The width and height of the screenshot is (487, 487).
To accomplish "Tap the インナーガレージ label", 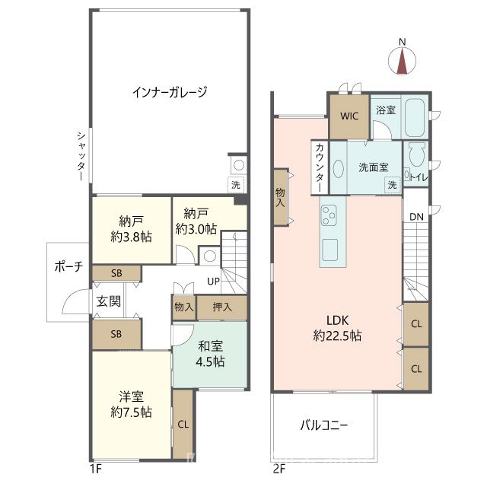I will click(169, 92).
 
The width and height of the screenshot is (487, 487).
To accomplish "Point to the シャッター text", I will click(80, 155).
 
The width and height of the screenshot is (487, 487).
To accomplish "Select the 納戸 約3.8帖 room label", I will click(131, 228).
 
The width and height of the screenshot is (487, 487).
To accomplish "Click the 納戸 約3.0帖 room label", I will click(196, 221).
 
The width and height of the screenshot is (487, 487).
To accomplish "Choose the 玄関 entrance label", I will click(108, 301).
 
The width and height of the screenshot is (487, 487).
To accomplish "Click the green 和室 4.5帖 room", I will click(209, 354).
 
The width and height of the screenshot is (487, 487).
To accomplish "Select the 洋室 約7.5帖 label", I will click(130, 404).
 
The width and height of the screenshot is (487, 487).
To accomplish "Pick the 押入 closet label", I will click(221, 307).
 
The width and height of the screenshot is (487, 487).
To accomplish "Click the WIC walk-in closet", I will click(349, 116).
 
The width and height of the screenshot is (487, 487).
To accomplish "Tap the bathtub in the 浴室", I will click(415, 117).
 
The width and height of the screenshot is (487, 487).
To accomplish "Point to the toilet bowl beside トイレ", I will click(415, 155).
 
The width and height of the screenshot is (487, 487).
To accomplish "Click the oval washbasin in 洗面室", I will click(339, 167).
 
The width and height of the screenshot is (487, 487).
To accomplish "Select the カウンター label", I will click(320, 167).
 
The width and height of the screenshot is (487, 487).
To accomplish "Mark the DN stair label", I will click(415, 218).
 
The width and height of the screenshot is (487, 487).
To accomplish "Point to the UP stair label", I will click(214, 282).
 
